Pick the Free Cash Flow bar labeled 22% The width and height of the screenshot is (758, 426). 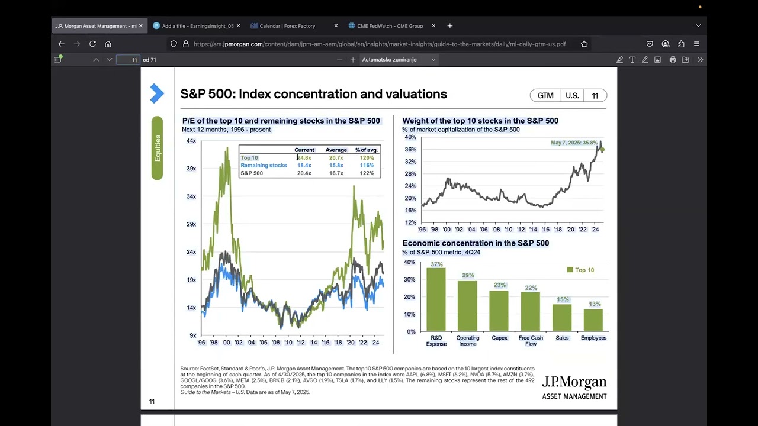pos(531,311)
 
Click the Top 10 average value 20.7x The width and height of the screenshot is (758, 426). pos(336,158)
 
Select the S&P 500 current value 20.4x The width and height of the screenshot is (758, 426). pos(304,173)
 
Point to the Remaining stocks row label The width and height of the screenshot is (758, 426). pos(264,166)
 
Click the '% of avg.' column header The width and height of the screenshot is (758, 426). pos(367,150)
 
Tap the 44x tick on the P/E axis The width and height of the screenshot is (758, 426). pos(191,141)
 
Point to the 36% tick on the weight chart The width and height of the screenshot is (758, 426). pos(410,150)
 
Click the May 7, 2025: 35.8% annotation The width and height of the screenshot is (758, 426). pos(574,143)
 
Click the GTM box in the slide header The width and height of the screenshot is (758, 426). pos(545,96)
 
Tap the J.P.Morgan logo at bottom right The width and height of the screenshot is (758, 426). pos(574,387)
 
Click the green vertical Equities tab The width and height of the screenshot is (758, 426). pos(157,148)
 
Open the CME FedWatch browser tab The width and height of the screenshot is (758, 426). pos(390,26)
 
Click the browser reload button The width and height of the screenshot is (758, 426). pos(92,44)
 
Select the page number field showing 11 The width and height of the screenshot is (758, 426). pos(129,60)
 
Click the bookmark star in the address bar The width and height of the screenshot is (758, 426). pos(584,44)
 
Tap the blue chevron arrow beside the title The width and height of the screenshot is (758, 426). pos(156,93)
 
